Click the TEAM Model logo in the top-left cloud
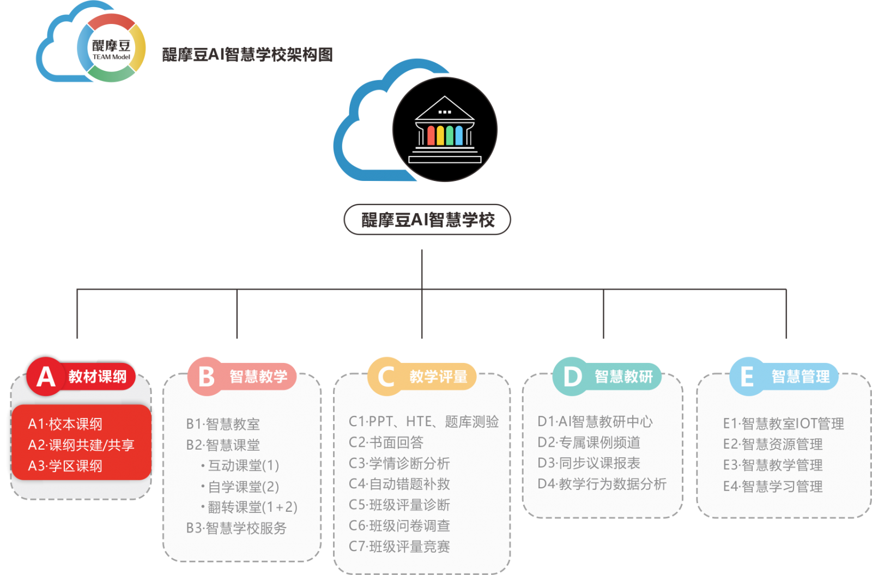(111, 48)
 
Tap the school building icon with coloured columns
(445, 130)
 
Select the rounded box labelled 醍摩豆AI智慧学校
(427, 220)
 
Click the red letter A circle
(46, 376)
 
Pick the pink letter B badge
(206, 377)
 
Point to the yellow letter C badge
(386, 377)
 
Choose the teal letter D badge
(572, 376)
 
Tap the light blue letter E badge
(747, 376)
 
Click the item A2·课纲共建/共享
(81, 445)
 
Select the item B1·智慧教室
(223, 424)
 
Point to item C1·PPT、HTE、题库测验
(423, 421)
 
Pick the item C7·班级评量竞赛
(399, 546)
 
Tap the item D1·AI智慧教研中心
(595, 421)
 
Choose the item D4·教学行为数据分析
(602, 484)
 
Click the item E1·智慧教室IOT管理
(783, 423)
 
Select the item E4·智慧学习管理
(772, 486)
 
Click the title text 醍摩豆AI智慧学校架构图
(247, 55)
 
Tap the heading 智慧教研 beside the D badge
(623, 377)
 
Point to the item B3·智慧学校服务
(236, 528)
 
